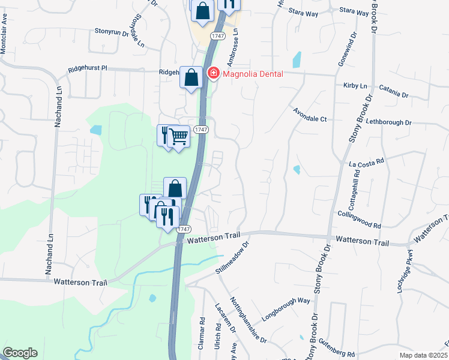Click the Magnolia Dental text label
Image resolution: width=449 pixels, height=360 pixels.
click(253, 74)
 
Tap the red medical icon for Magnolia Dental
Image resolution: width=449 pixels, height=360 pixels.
click(212, 74)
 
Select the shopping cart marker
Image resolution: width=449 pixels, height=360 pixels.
click(178, 137)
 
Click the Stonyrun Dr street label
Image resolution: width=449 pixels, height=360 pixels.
click(112, 31)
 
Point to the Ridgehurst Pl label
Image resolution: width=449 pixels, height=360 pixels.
click(88, 68)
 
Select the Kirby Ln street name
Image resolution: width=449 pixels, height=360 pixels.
click(355, 86)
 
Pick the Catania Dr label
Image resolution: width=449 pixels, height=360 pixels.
click(393, 95)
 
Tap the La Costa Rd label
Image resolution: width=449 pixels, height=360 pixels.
click(366, 162)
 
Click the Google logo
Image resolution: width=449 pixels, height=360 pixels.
click(19, 353)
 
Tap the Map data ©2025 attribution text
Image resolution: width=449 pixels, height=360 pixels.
click(424, 355)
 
